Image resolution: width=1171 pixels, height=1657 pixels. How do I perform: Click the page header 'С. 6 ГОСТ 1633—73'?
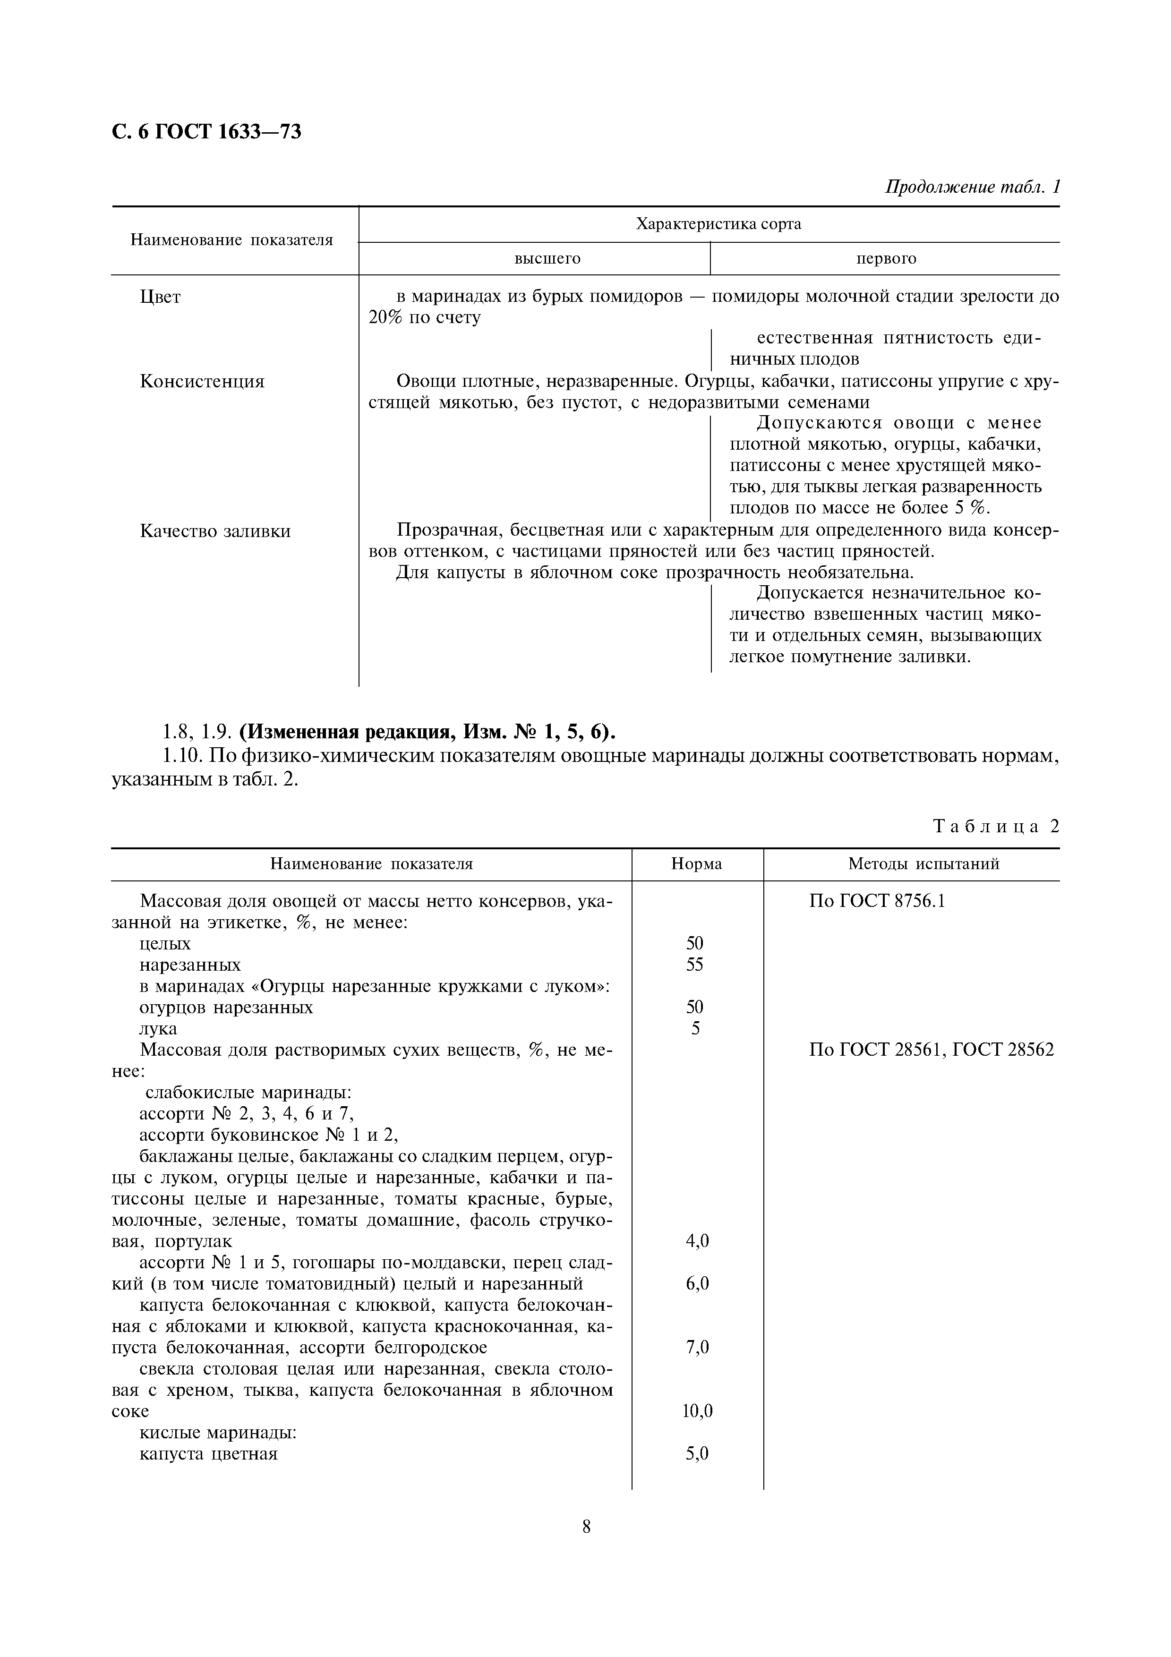tap(206, 132)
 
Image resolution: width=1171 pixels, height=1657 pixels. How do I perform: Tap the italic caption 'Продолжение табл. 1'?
tap(972, 187)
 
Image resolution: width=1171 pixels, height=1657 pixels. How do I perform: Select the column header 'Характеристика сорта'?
tap(718, 224)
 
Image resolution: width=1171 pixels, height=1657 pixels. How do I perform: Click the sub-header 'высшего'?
tap(547, 258)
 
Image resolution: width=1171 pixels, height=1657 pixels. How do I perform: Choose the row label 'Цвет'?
tap(160, 297)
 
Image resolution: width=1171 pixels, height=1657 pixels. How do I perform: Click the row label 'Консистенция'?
tap(202, 381)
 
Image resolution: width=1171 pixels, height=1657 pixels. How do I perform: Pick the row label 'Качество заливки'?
tap(215, 531)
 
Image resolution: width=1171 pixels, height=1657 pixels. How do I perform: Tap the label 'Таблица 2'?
tap(996, 826)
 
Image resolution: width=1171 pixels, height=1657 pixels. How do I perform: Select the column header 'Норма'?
tap(696, 864)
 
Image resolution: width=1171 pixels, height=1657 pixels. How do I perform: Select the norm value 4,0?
tap(697, 1240)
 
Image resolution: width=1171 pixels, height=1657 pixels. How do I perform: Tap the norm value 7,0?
tap(697, 1347)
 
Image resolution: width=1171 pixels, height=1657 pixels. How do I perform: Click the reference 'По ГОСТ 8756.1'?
tap(877, 901)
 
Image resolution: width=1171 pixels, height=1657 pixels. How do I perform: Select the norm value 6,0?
tap(697, 1283)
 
